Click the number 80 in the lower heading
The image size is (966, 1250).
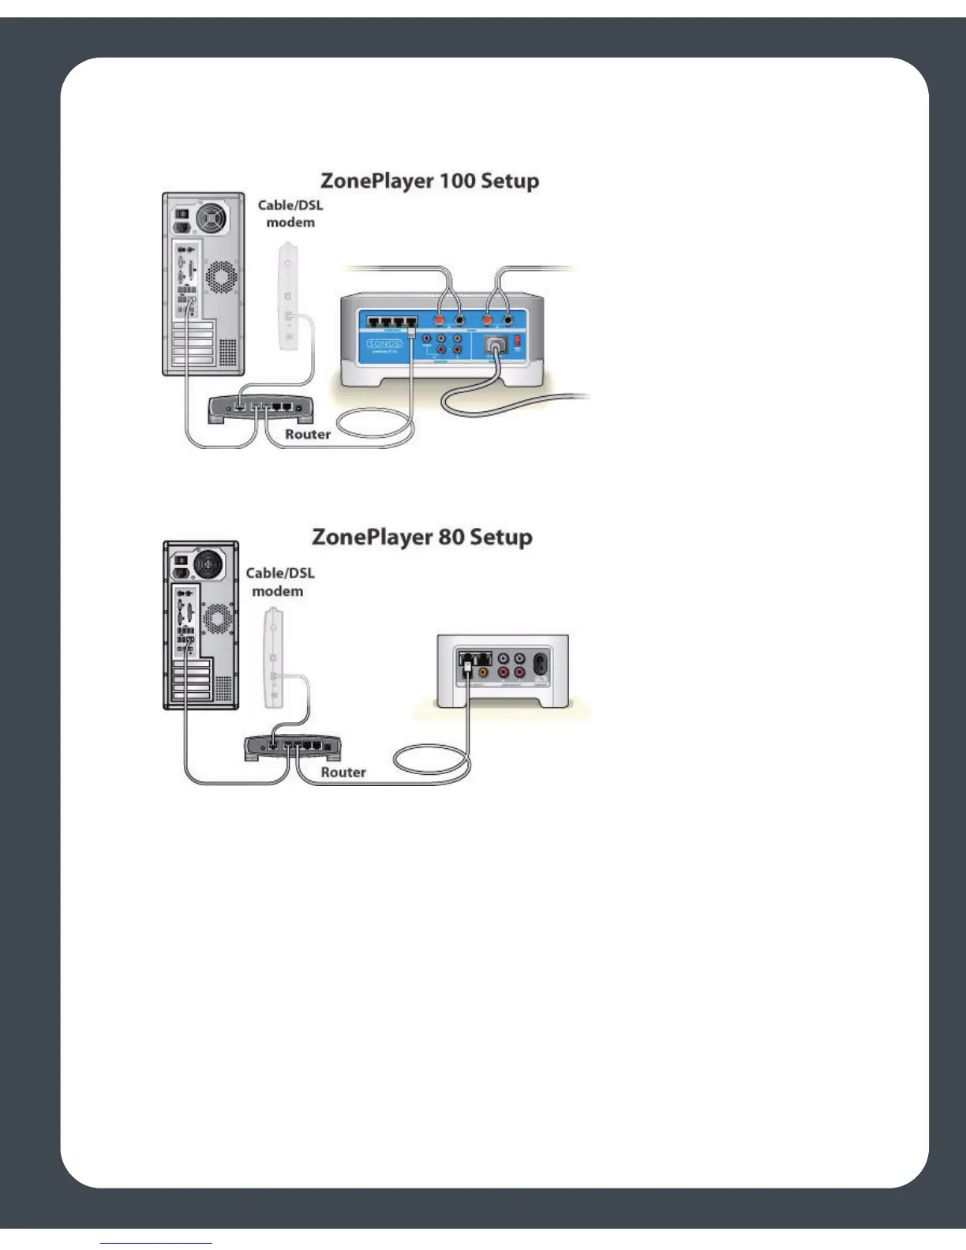point(451,537)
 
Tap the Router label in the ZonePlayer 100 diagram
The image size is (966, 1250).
point(308,434)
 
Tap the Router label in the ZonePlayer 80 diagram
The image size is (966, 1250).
point(343,773)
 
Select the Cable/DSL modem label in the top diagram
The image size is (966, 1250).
point(290,214)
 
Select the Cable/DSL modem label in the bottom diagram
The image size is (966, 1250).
point(279,582)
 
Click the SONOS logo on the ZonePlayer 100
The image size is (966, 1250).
point(384,343)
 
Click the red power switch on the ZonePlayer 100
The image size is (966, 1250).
point(518,341)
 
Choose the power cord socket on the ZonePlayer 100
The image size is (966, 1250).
point(495,345)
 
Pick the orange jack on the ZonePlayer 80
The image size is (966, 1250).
point(483,673)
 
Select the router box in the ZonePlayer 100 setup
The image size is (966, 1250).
point(260,408)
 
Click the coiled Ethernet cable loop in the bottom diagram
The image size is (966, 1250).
point(431,764)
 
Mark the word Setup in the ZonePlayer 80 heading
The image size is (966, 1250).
point(501,537)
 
